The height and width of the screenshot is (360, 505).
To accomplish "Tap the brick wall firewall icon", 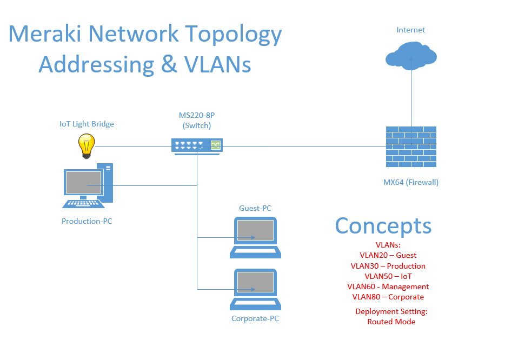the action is pyautogui.click(x=411, y=147).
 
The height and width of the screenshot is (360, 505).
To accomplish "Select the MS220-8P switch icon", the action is pyautogui.click(x=197, y=146).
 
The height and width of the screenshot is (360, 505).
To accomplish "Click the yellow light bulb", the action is pyautogui.click(x=87, y=146).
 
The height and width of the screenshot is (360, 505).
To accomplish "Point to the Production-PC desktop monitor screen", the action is pyautogui.click(x=83, y=182).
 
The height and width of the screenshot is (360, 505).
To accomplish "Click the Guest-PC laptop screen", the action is pyautogui.click(x=255, y=230).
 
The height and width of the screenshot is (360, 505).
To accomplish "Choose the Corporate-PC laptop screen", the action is pyautogui.click(x=255, y=282).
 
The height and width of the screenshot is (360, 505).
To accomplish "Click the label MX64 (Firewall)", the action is pyautogui.click(x=410, y=182).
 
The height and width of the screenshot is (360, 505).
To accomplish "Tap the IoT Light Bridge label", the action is pyautogui.click(x=87, y=124).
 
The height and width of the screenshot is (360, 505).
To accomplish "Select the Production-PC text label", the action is pyautogui.click(x=87, y=221).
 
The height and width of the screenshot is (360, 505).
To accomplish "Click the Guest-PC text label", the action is pyautogui.click(x=255, y=208).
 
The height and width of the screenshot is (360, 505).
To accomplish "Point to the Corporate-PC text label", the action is pyautogui.click(x=255, y=318).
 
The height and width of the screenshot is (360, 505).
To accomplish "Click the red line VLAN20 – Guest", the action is pyautogui.click(x=388, y=255).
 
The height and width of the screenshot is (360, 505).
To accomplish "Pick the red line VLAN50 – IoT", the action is pyautogui.click(x=388, y=276).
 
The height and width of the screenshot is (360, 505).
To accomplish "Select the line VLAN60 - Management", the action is pyautogui.click(x=388, y=286).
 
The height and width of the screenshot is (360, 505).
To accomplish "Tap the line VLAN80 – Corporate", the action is pyautogui.click(x=388, y=297).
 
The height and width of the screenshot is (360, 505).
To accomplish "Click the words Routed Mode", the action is pyautogui.click(x=391, y=322).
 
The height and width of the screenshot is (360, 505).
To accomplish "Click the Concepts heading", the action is pyautogui.click(x=383, y=226).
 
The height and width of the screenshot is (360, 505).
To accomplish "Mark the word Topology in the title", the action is pyautogui.click(x=234, y=35).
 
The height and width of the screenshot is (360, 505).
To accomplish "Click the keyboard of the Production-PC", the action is pyautogui.click(x=83, y=204).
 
